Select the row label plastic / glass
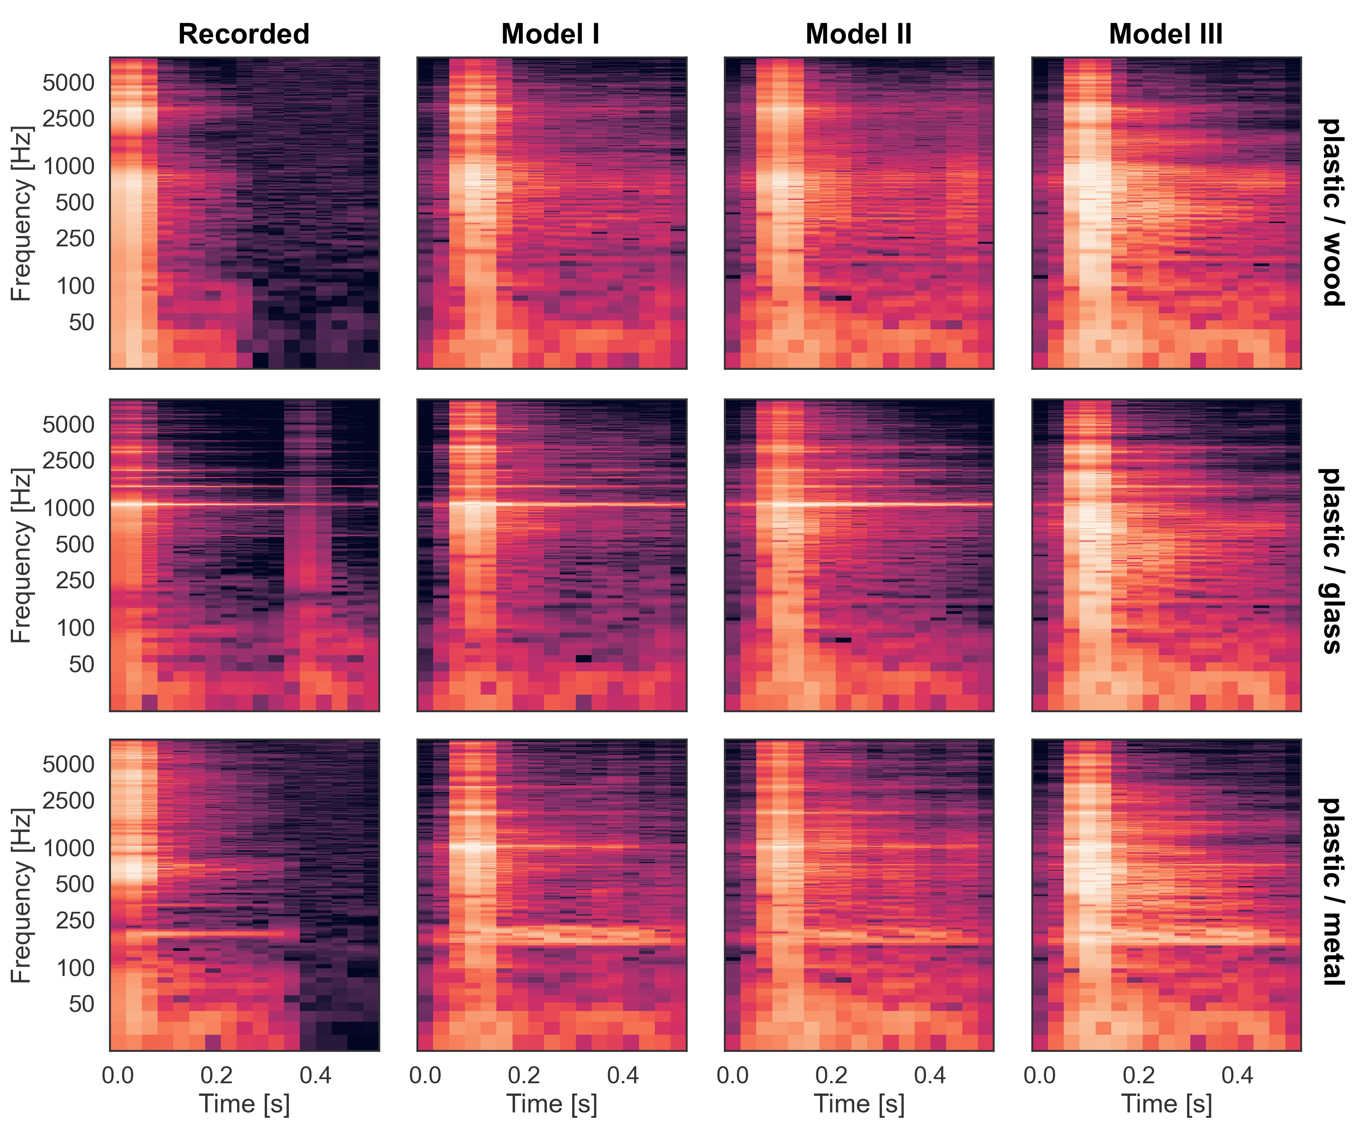coord(1331,560)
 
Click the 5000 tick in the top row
coord(68,83)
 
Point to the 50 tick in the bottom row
coord(81,1003)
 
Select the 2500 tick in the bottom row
coord(68,800)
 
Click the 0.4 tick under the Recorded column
coord(316,1075)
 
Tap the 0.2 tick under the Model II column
coord(831,1075)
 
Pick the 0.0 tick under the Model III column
coord(1039,1075)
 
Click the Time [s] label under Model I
coord(552,1103)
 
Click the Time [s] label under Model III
coord(1166,1103)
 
